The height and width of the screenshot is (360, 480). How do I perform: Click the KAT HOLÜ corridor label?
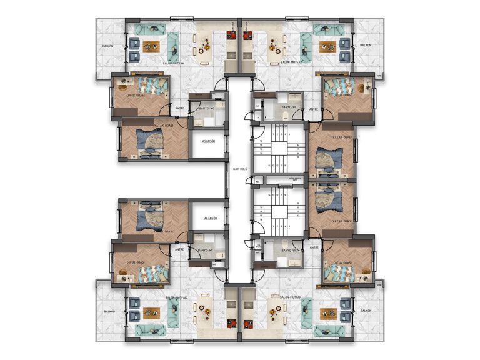(x=241, y=169)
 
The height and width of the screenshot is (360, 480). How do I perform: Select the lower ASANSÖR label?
(x=209, y=219)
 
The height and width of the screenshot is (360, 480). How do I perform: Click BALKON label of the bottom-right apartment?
(x=366, y=310)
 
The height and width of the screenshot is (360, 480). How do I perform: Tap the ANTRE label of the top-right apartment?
(x=314, y=110)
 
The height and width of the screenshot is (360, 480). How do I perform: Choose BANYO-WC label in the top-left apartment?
(x=207, y=108)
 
